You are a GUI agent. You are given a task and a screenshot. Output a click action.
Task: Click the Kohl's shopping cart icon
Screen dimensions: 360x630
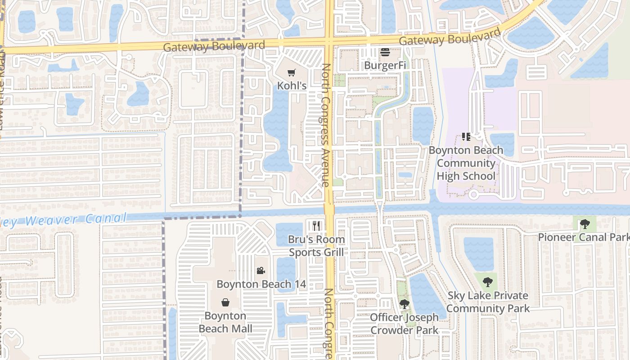(x=292, y=73)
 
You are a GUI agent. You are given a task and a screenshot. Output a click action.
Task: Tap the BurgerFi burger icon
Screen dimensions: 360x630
(x=385, y=53)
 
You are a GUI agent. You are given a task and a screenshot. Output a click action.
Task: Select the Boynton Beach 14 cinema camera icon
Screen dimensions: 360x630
(x=261, y=270)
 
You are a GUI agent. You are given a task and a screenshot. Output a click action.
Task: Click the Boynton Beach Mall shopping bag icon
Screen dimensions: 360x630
(x=225, y=302)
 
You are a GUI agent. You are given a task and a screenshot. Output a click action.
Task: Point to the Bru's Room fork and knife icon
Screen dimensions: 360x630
(x=316, y=225)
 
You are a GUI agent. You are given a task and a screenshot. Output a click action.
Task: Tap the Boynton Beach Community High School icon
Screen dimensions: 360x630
(x=466, y=136)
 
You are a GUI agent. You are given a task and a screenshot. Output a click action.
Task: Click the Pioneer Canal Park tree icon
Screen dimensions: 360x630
(x=585, y=224)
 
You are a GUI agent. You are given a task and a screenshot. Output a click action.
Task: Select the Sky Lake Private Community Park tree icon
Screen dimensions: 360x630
(x=487, y=282)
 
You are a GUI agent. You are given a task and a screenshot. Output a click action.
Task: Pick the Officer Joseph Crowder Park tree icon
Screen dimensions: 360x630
(x=404, y=304)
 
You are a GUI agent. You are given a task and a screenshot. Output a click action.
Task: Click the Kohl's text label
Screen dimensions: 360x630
(x=292, y=85)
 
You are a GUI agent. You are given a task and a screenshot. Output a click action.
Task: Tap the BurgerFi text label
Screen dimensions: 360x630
(x=385, y=65)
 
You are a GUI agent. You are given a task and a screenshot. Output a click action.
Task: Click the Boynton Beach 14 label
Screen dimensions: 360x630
(x=261, y=284)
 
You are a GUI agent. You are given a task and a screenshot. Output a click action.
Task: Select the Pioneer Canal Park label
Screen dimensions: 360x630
(x=584, y=237)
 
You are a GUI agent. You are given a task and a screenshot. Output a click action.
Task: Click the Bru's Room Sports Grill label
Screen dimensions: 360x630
(x=316, y=246)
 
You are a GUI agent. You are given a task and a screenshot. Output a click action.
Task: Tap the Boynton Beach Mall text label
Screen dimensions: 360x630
(x=225, y=322)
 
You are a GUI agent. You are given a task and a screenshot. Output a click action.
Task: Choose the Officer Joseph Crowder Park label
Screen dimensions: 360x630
(x=404, y=324)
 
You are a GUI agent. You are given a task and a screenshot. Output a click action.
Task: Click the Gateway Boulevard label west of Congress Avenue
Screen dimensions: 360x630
(x=214, y=46)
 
